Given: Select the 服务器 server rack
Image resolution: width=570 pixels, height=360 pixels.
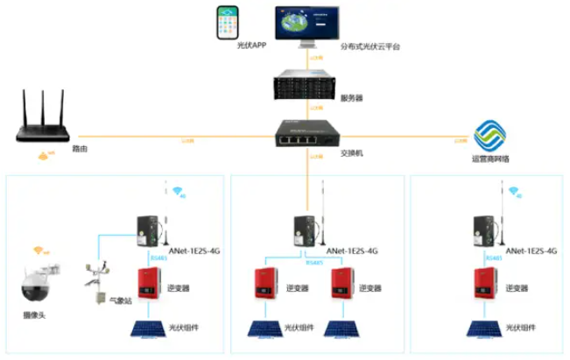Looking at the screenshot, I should (306, 88).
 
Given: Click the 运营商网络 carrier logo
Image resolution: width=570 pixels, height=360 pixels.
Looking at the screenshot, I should (489, 137).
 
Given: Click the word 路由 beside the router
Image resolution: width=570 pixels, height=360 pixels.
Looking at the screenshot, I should (80, 150).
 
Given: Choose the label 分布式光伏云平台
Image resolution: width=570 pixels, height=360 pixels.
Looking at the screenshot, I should (369, 46).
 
